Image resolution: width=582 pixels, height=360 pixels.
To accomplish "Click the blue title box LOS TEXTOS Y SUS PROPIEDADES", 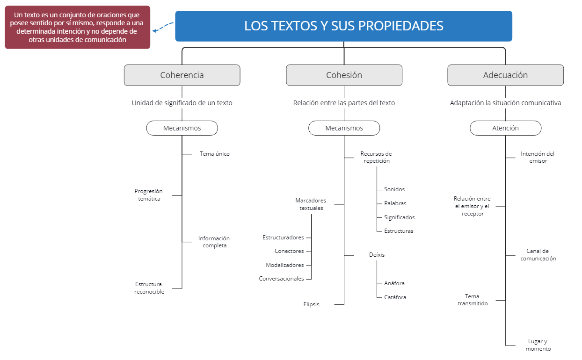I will (x=343, y=26).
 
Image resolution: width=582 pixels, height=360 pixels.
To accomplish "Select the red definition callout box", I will (x=77, y=27).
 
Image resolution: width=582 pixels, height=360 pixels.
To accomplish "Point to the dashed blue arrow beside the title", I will (x=163, y=29).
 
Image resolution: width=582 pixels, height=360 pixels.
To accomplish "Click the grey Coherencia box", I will (x=182, y=75).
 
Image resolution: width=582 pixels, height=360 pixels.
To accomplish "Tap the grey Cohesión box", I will (x=344, y=75).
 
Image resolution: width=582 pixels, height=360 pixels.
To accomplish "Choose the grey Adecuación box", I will (x=505, y=75).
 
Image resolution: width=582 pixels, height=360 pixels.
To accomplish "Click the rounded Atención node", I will (x=505, y=128).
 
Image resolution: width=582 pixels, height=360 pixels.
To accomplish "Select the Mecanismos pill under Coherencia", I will (x=182, y=128).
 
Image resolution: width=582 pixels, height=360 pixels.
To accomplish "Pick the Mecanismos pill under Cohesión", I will (x=344, y=128).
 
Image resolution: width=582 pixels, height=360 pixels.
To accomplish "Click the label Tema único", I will (x=214, y=154).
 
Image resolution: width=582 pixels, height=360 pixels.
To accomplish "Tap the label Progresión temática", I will (x=148, y=195).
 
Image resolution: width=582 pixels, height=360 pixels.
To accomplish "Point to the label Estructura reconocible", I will (x=149, y=288).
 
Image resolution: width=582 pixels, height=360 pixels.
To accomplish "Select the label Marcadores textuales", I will (x=311, y=204).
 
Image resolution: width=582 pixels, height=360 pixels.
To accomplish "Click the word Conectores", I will (x=289, y=251).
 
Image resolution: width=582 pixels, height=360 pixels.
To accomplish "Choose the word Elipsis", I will (x=311, y=304).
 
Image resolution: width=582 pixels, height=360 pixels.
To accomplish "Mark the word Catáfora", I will (x=395, y=297).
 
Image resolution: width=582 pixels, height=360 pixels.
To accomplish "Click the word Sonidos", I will (x=394, y=189).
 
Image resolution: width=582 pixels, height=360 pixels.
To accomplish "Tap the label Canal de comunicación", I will (x=538, y=255).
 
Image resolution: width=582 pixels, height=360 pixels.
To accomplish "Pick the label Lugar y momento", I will (x=538, y=345).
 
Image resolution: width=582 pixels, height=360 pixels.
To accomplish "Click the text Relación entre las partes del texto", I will (x=344, y=103).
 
